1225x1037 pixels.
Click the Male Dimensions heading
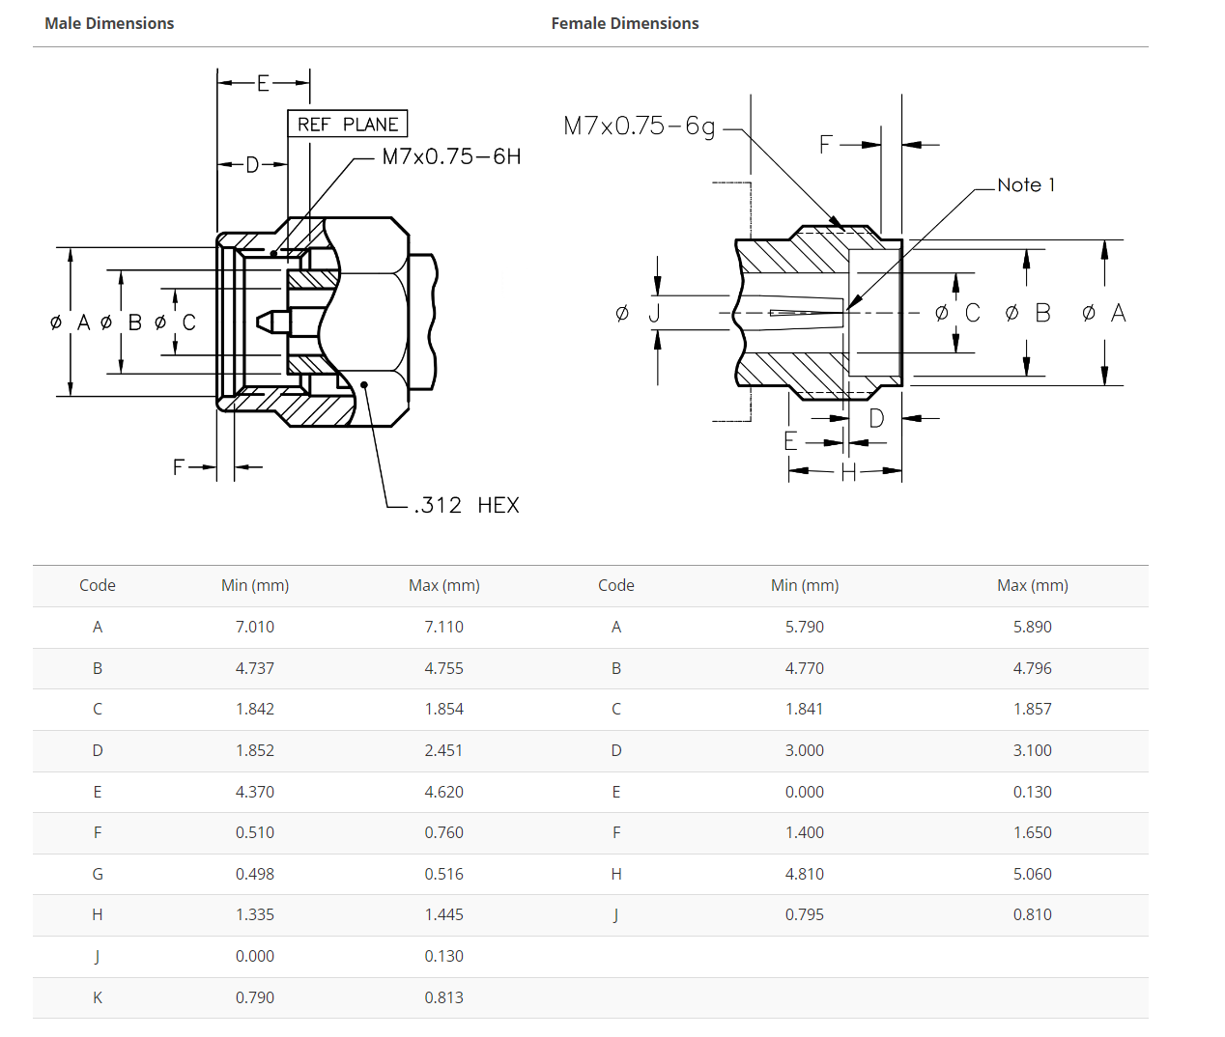pyautogui.click(x=109, y=23)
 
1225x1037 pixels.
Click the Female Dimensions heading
pyautogui.click(x=624, y=23)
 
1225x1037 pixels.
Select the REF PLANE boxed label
pyautogui.click(x=348, y=125)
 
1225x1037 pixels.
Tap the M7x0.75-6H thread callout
pyautogui.click(x=451, y=156)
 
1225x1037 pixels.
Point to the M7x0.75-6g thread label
pyautogui.click(x=640, y=126)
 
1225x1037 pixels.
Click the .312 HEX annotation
pyautogui.click(x=467, y=505)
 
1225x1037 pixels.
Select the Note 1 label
pyautogui.click(x=1026, y=184)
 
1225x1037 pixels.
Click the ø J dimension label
pyautogui.click(x=639, y=313)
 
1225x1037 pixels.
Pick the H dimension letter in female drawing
pyautogui.click(x=848, y=471)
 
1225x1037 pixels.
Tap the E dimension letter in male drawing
pyautogui.click(x=263, y=83)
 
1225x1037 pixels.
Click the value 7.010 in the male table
pyautogui.click(x=255, y=627)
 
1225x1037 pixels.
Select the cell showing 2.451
pyautogui.click(x=443, y=750)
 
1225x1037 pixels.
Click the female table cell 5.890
pyautogui.click(x=1032, y=627)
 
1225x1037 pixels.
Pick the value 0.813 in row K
pyautogui.click(x=443, y=997)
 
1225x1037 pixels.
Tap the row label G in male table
pyautogui.click(x=98, y=874)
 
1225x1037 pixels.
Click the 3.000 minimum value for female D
pyautogui.click(x=804, y=750)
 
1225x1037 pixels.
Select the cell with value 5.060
pyautogui.click(x=1032, y=874)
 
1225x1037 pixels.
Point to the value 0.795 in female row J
pyautogui.click(x=804, y=914)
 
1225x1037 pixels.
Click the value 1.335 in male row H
pyautogui.click(x=255, y=914)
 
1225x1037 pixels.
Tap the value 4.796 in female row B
pyautogui.click(x=1032, y=668)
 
